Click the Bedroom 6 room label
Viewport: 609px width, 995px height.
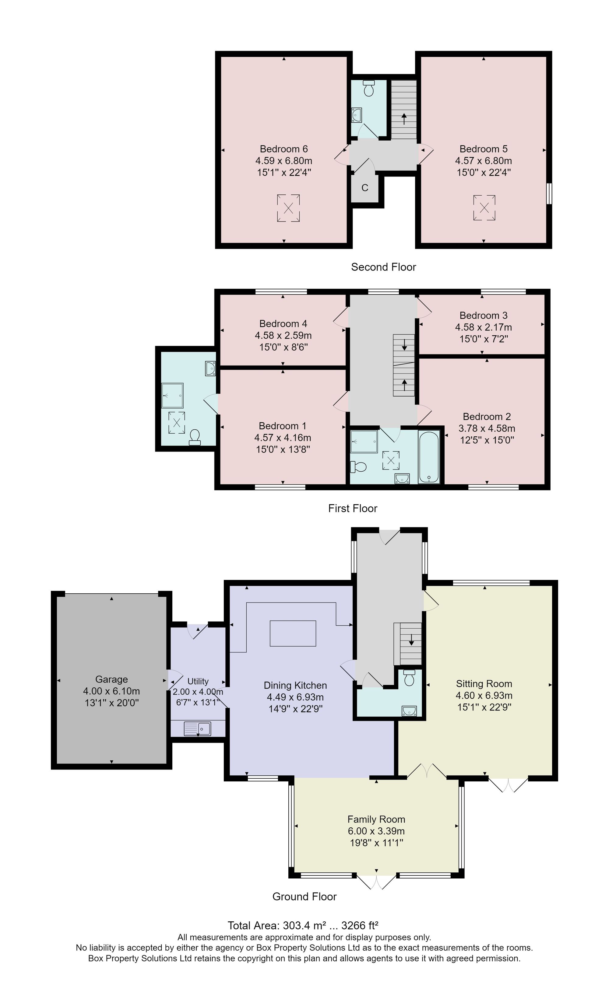[284, 149]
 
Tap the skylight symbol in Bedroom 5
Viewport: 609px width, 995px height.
[484, 208]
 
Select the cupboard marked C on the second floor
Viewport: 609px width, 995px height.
[365, 188]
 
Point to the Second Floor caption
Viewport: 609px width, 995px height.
[383, 267]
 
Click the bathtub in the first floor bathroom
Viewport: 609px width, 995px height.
[429, 458]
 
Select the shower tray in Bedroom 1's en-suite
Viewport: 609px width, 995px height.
[173, 395]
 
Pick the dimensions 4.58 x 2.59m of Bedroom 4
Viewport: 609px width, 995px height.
[283, 335]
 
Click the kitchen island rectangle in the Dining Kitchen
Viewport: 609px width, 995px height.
[293, 633]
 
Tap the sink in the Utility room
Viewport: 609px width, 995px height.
[198, 729]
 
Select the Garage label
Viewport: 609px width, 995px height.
[111, 679]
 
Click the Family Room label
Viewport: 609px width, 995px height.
[376, 819]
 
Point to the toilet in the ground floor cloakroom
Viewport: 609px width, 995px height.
[409, 678]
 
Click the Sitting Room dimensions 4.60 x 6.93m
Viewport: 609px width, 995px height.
[484, 695]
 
